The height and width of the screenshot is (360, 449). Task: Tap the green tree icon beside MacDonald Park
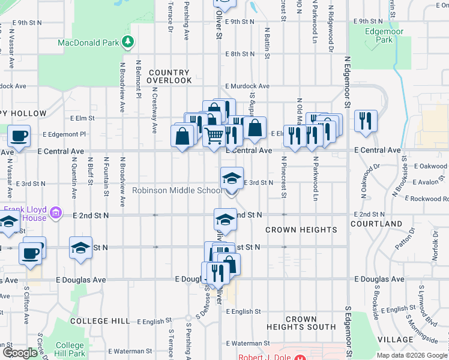pyautogui.click(x=127, y=41)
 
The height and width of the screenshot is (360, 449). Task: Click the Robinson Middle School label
pyautogui.click(x=176, y=191)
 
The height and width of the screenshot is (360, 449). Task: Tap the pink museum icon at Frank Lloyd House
pyautogui.click(x=56, y=212)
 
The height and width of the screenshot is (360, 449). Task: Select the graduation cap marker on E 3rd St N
pyautogui.click(x=232, y=178)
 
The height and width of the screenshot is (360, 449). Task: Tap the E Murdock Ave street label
pyautogui.click(x=247, y=86)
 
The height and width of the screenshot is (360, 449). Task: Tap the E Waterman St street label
pyautogui.click(x=133, y=351)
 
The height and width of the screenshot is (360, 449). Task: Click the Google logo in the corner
pyautogui.click(x=20, y=353)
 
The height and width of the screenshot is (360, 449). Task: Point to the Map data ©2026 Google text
pyautogui.click(x=412, y=355)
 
